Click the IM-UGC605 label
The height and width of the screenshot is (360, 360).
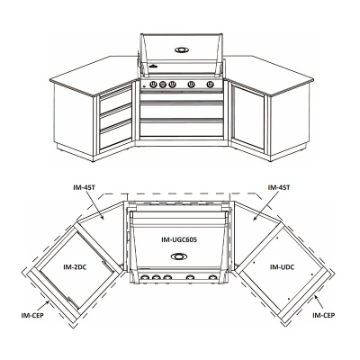[179, 239]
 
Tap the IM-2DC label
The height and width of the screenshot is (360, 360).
[75, 266]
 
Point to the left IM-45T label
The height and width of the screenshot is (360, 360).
[85, 187]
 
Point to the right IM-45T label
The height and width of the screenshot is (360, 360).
[279, 187]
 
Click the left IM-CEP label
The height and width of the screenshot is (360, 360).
[32, 315]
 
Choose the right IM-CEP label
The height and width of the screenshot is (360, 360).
[323, 315]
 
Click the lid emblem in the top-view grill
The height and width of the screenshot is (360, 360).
[179, 256]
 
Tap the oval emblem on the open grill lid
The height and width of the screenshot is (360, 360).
[182, 49]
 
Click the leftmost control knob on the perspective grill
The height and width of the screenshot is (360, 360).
[153, 85]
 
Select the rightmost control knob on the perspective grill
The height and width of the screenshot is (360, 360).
[210, 85]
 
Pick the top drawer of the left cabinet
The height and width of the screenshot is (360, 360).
[115, 99]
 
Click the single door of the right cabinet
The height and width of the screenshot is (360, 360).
[247, 117]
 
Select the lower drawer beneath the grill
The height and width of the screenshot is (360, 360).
[182, 128]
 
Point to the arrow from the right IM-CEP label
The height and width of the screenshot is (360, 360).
[318, 302]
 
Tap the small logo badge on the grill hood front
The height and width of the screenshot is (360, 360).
[153, 66]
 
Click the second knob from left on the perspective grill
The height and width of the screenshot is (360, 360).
[163, 85]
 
